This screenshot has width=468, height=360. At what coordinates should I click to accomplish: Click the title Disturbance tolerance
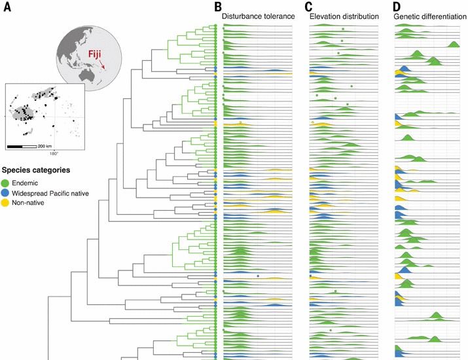pos(258,16)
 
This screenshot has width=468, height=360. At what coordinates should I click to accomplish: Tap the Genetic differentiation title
pos(430,16)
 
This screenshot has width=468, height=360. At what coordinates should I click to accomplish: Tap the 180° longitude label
pos(54,154)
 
